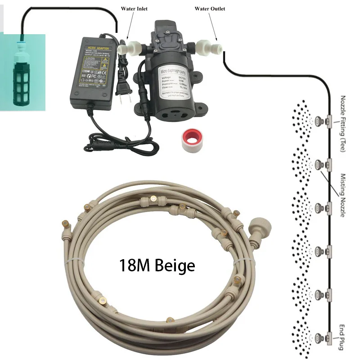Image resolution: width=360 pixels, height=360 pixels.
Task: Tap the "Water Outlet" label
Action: point(210,9)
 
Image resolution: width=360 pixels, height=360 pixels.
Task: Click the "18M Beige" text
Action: point(157,265)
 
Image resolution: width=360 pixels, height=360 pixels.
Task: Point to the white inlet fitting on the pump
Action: point(133,46)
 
